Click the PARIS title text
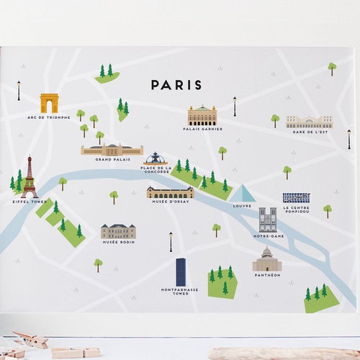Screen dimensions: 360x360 point(176,85)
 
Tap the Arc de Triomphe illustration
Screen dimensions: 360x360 point(49,103)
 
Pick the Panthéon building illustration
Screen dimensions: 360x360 point(266,261)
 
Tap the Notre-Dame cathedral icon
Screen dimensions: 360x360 point(268,220)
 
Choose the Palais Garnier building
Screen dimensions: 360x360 point(202,116)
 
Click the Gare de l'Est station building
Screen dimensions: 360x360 point(309,122)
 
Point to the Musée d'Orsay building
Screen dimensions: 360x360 point(170,192)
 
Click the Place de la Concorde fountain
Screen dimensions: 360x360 point(155,158)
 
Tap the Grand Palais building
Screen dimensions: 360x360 point(112,150)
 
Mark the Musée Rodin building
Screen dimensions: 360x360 point(118,231)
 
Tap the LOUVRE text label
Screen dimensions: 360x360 point(243,205)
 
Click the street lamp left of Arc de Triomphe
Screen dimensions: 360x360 point(19,90)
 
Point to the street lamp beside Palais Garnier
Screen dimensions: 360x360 point(234,106)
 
